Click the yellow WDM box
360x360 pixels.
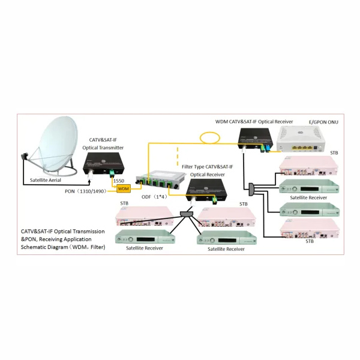pos(123,188)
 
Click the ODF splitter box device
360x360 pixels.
pos(158,179)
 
